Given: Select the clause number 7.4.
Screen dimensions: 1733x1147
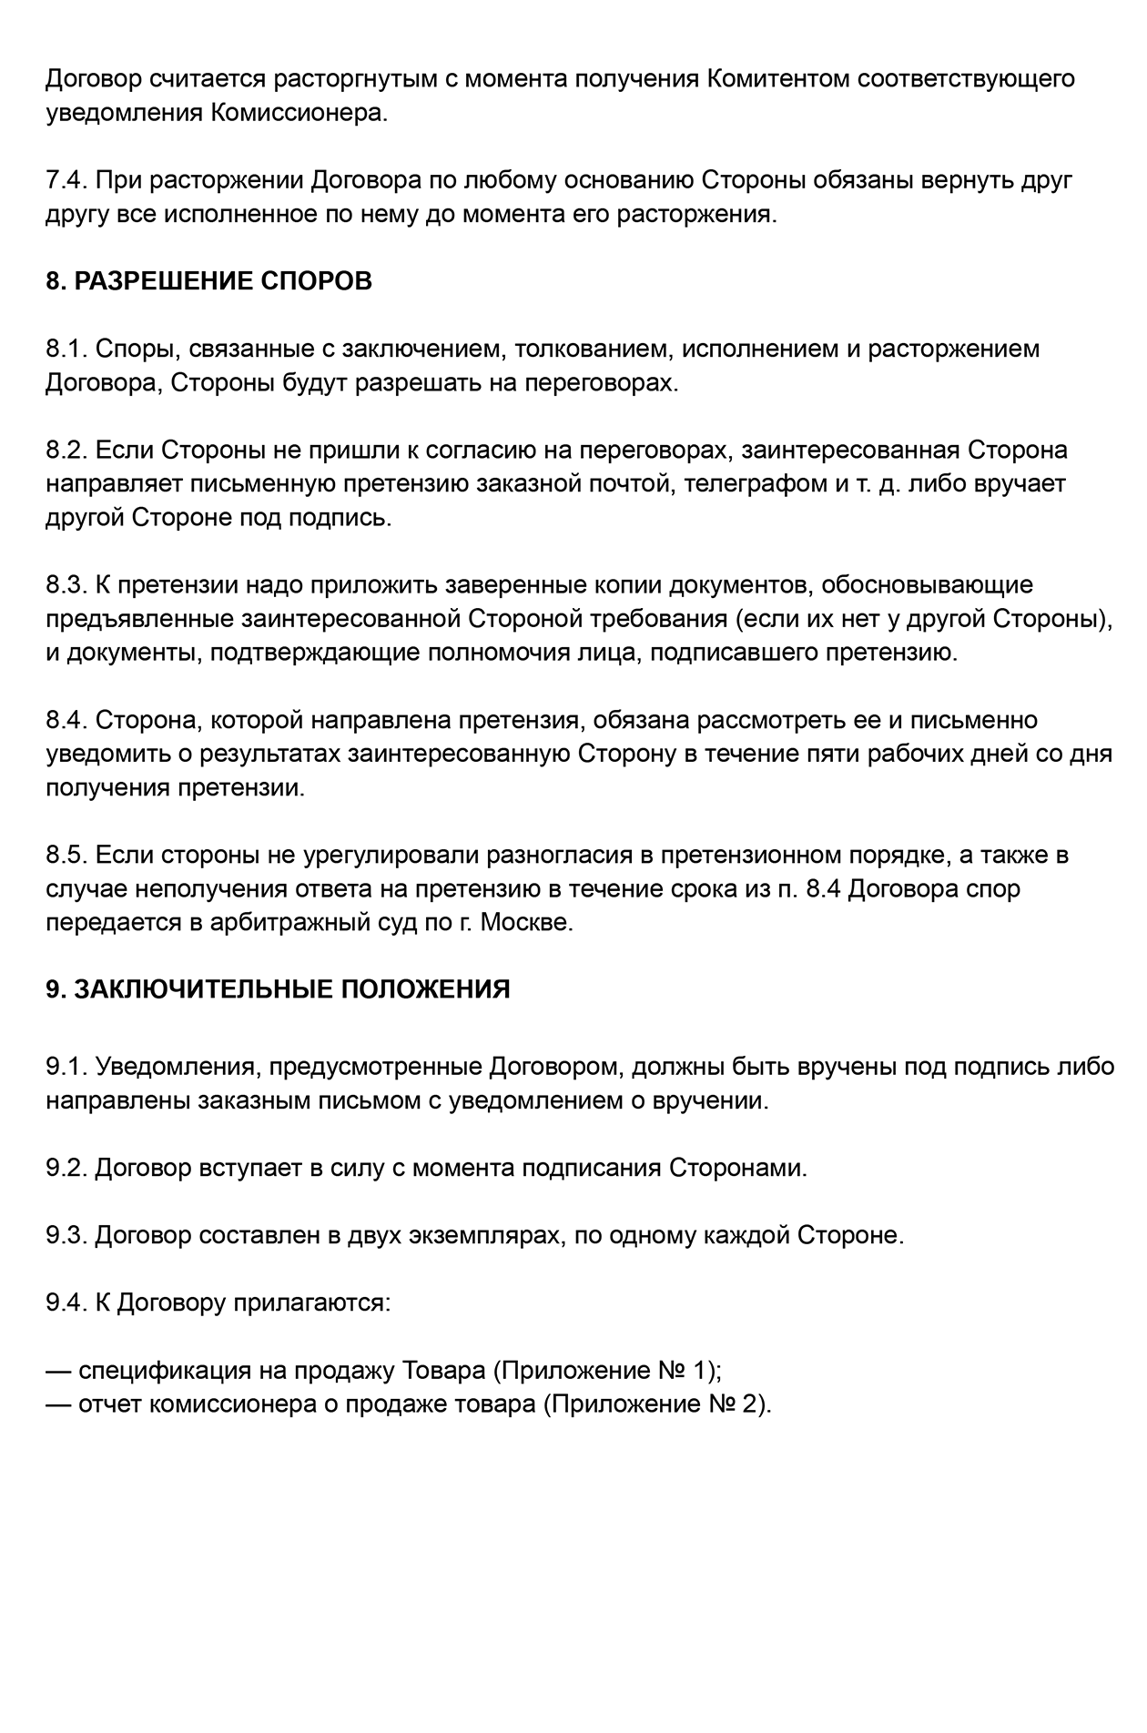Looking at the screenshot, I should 66,180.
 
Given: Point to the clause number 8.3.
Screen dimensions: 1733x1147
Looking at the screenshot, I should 66,585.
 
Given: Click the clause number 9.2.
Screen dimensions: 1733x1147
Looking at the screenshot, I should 66,1168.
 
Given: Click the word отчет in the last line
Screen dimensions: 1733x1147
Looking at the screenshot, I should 109,1404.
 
